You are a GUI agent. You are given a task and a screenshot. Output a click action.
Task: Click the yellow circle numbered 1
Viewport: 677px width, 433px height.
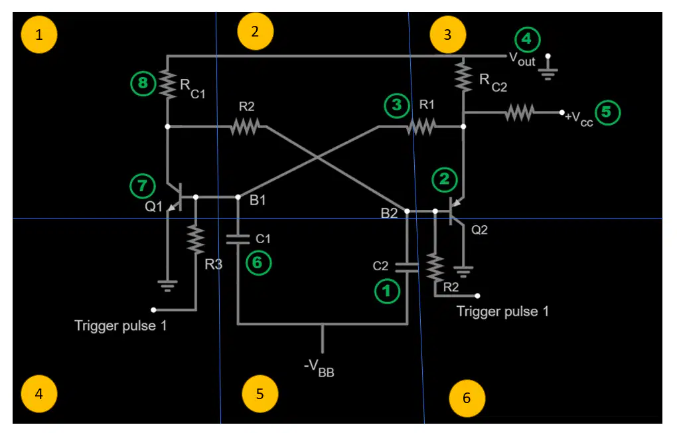point(39,35)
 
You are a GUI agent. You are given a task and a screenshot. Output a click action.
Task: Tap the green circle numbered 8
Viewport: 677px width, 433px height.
point(143,83)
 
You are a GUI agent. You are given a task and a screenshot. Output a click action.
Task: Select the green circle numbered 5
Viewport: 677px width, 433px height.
point(607,112)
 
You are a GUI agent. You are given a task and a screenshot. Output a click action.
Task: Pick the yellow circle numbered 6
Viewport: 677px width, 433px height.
point(467,398)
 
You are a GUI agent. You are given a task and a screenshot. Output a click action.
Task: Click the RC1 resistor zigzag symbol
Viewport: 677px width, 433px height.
point(167,84)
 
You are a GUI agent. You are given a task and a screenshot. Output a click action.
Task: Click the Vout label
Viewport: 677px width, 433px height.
point(522,59)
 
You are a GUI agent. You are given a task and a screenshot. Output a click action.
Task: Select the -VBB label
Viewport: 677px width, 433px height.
point(319,369)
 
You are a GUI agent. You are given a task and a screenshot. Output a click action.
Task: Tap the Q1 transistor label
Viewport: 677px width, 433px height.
point(153,207)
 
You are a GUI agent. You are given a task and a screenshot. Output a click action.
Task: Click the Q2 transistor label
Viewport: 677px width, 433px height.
point(479,230)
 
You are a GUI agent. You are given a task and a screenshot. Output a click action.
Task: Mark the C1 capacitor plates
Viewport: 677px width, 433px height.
point(238,239)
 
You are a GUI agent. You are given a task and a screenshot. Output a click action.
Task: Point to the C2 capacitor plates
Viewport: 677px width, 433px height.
point(407,268)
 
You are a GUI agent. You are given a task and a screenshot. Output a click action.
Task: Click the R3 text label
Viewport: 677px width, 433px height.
point(213,264)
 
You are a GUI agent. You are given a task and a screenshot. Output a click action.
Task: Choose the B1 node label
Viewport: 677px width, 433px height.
point(258,200)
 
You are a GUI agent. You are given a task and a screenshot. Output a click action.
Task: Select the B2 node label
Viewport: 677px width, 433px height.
point(389,213)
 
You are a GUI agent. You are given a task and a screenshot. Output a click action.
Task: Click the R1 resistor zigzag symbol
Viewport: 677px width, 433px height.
point(421,127)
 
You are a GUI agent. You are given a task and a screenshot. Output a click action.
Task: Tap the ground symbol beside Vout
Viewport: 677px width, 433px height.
point(548,69)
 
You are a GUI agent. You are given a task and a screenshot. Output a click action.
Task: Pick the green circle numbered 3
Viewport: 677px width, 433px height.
point(397,105)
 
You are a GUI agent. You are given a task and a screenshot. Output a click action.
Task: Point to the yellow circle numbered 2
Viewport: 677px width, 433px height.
point(255,31)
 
